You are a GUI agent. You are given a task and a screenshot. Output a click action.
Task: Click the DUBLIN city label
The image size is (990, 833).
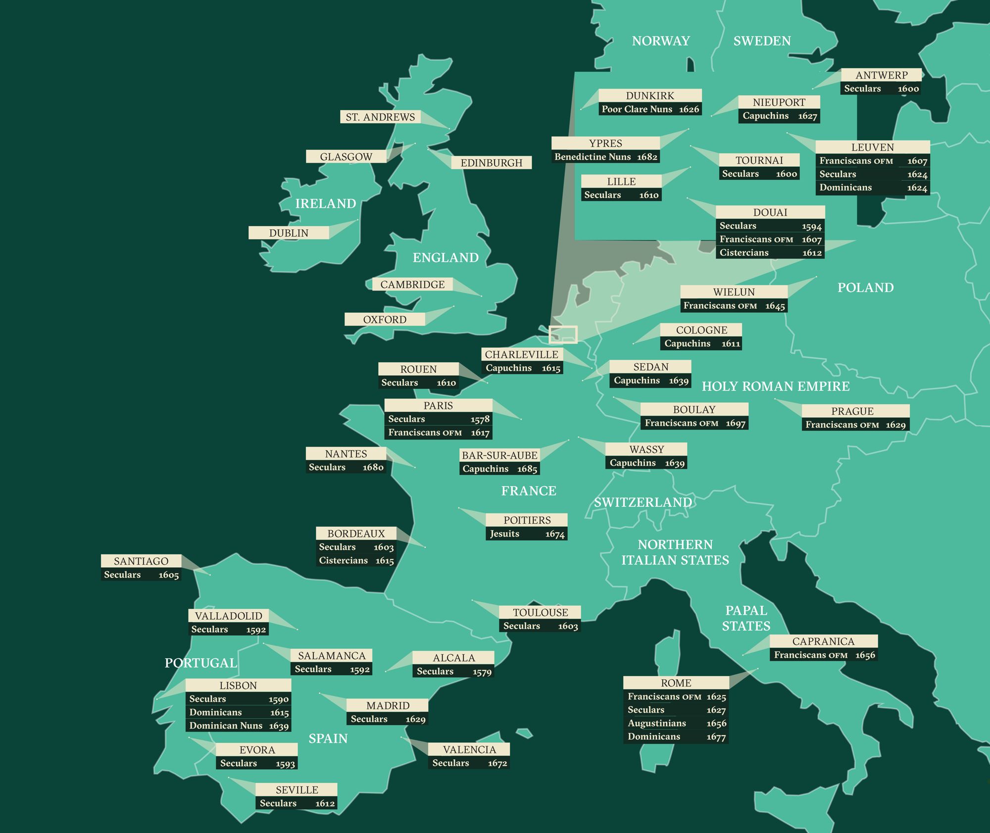click(289, 233)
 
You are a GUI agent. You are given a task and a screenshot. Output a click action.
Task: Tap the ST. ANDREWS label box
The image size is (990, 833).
click(380, 117)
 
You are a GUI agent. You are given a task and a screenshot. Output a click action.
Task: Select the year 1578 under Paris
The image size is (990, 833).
click(480, 419)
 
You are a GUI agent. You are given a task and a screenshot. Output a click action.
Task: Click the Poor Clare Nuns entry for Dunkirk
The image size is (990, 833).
click(637, 109)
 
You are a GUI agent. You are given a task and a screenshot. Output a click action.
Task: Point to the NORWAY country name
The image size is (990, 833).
click(661, 41)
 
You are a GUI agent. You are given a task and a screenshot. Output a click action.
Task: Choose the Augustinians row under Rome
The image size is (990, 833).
click(676, 723)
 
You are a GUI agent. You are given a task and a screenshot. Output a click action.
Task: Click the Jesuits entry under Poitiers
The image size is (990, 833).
click(504, 534)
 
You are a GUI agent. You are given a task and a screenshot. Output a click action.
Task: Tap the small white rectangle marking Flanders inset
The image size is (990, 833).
click(563, 335)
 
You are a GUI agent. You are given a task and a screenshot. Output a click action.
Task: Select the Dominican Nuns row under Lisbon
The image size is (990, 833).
click(238, 726)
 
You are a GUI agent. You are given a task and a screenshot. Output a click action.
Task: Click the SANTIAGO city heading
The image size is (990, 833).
click(141, 561)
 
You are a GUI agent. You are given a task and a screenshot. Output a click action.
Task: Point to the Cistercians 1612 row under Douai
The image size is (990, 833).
click(770, 252)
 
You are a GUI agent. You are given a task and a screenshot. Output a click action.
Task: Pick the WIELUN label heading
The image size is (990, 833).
click(734, 292)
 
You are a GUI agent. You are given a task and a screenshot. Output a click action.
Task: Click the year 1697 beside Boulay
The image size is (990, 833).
click(735, 423)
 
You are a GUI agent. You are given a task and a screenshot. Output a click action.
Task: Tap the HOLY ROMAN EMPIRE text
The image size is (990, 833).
click(775, 386)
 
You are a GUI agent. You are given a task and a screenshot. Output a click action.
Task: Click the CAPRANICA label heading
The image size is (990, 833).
click(823, 641)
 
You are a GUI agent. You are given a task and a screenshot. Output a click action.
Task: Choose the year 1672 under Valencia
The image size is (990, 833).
click(497, 763)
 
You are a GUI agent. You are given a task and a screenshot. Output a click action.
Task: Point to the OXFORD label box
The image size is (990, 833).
click(385, 319)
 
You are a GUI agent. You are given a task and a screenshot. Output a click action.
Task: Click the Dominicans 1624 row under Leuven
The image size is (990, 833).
click(872, 188)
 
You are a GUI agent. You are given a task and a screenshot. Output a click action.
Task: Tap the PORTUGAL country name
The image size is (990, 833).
click(200, 663)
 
